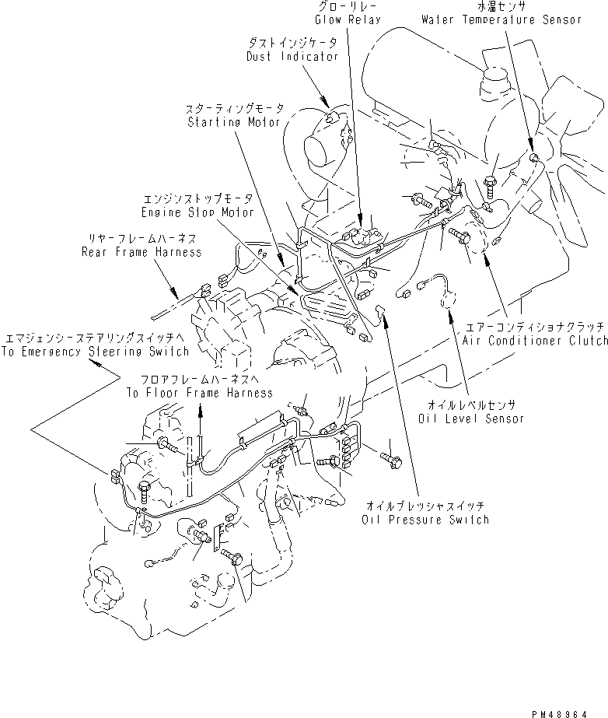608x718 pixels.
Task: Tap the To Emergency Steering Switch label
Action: [x=96, y=351]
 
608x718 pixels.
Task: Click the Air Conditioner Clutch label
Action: [x=545, y=341]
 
